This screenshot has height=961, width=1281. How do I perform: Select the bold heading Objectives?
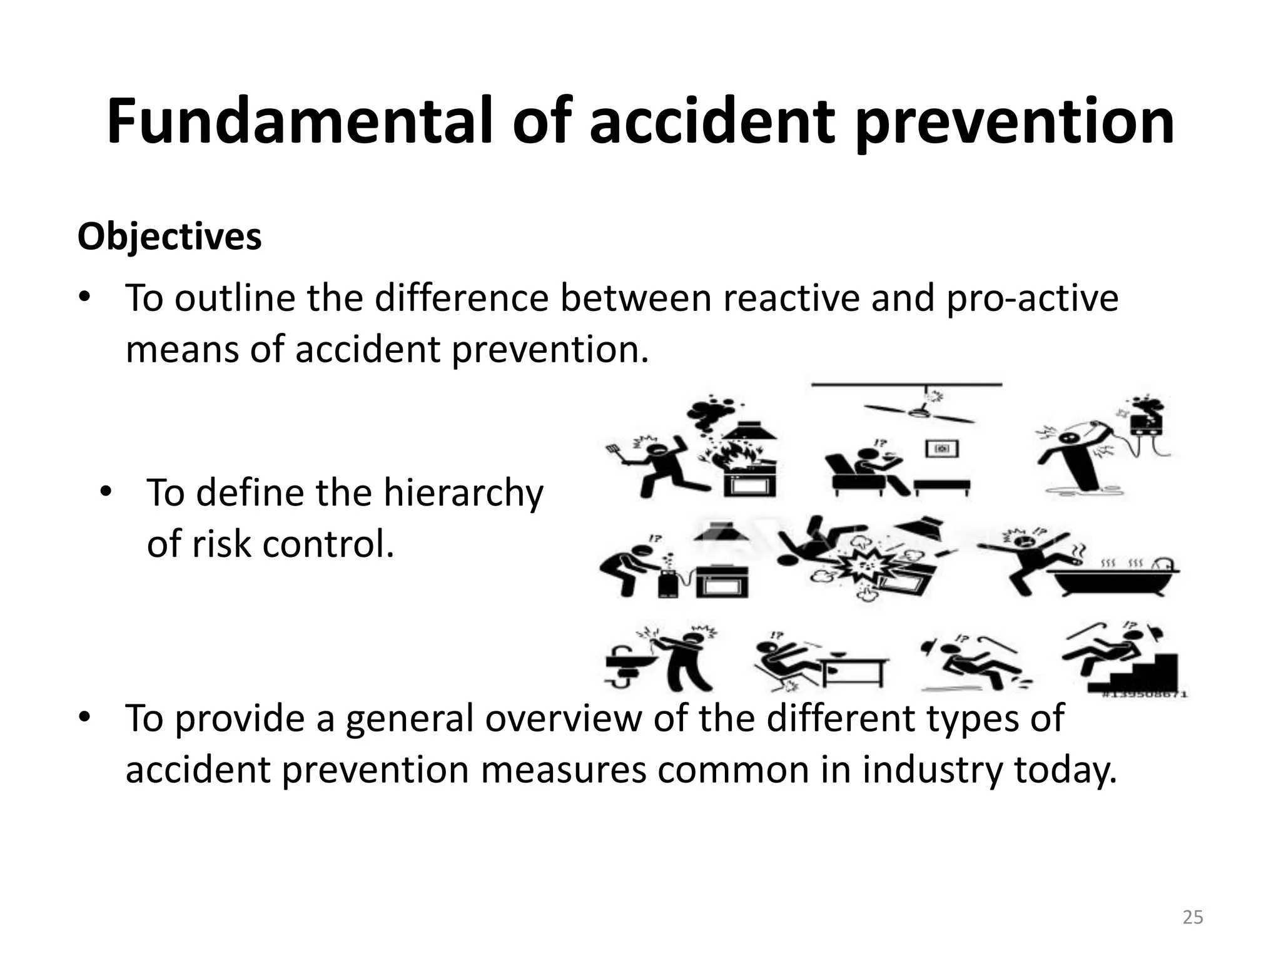[170, 237]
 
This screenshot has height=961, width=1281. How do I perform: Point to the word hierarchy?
[463, 493]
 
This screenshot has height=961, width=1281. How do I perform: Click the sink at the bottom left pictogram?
[629, 663]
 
